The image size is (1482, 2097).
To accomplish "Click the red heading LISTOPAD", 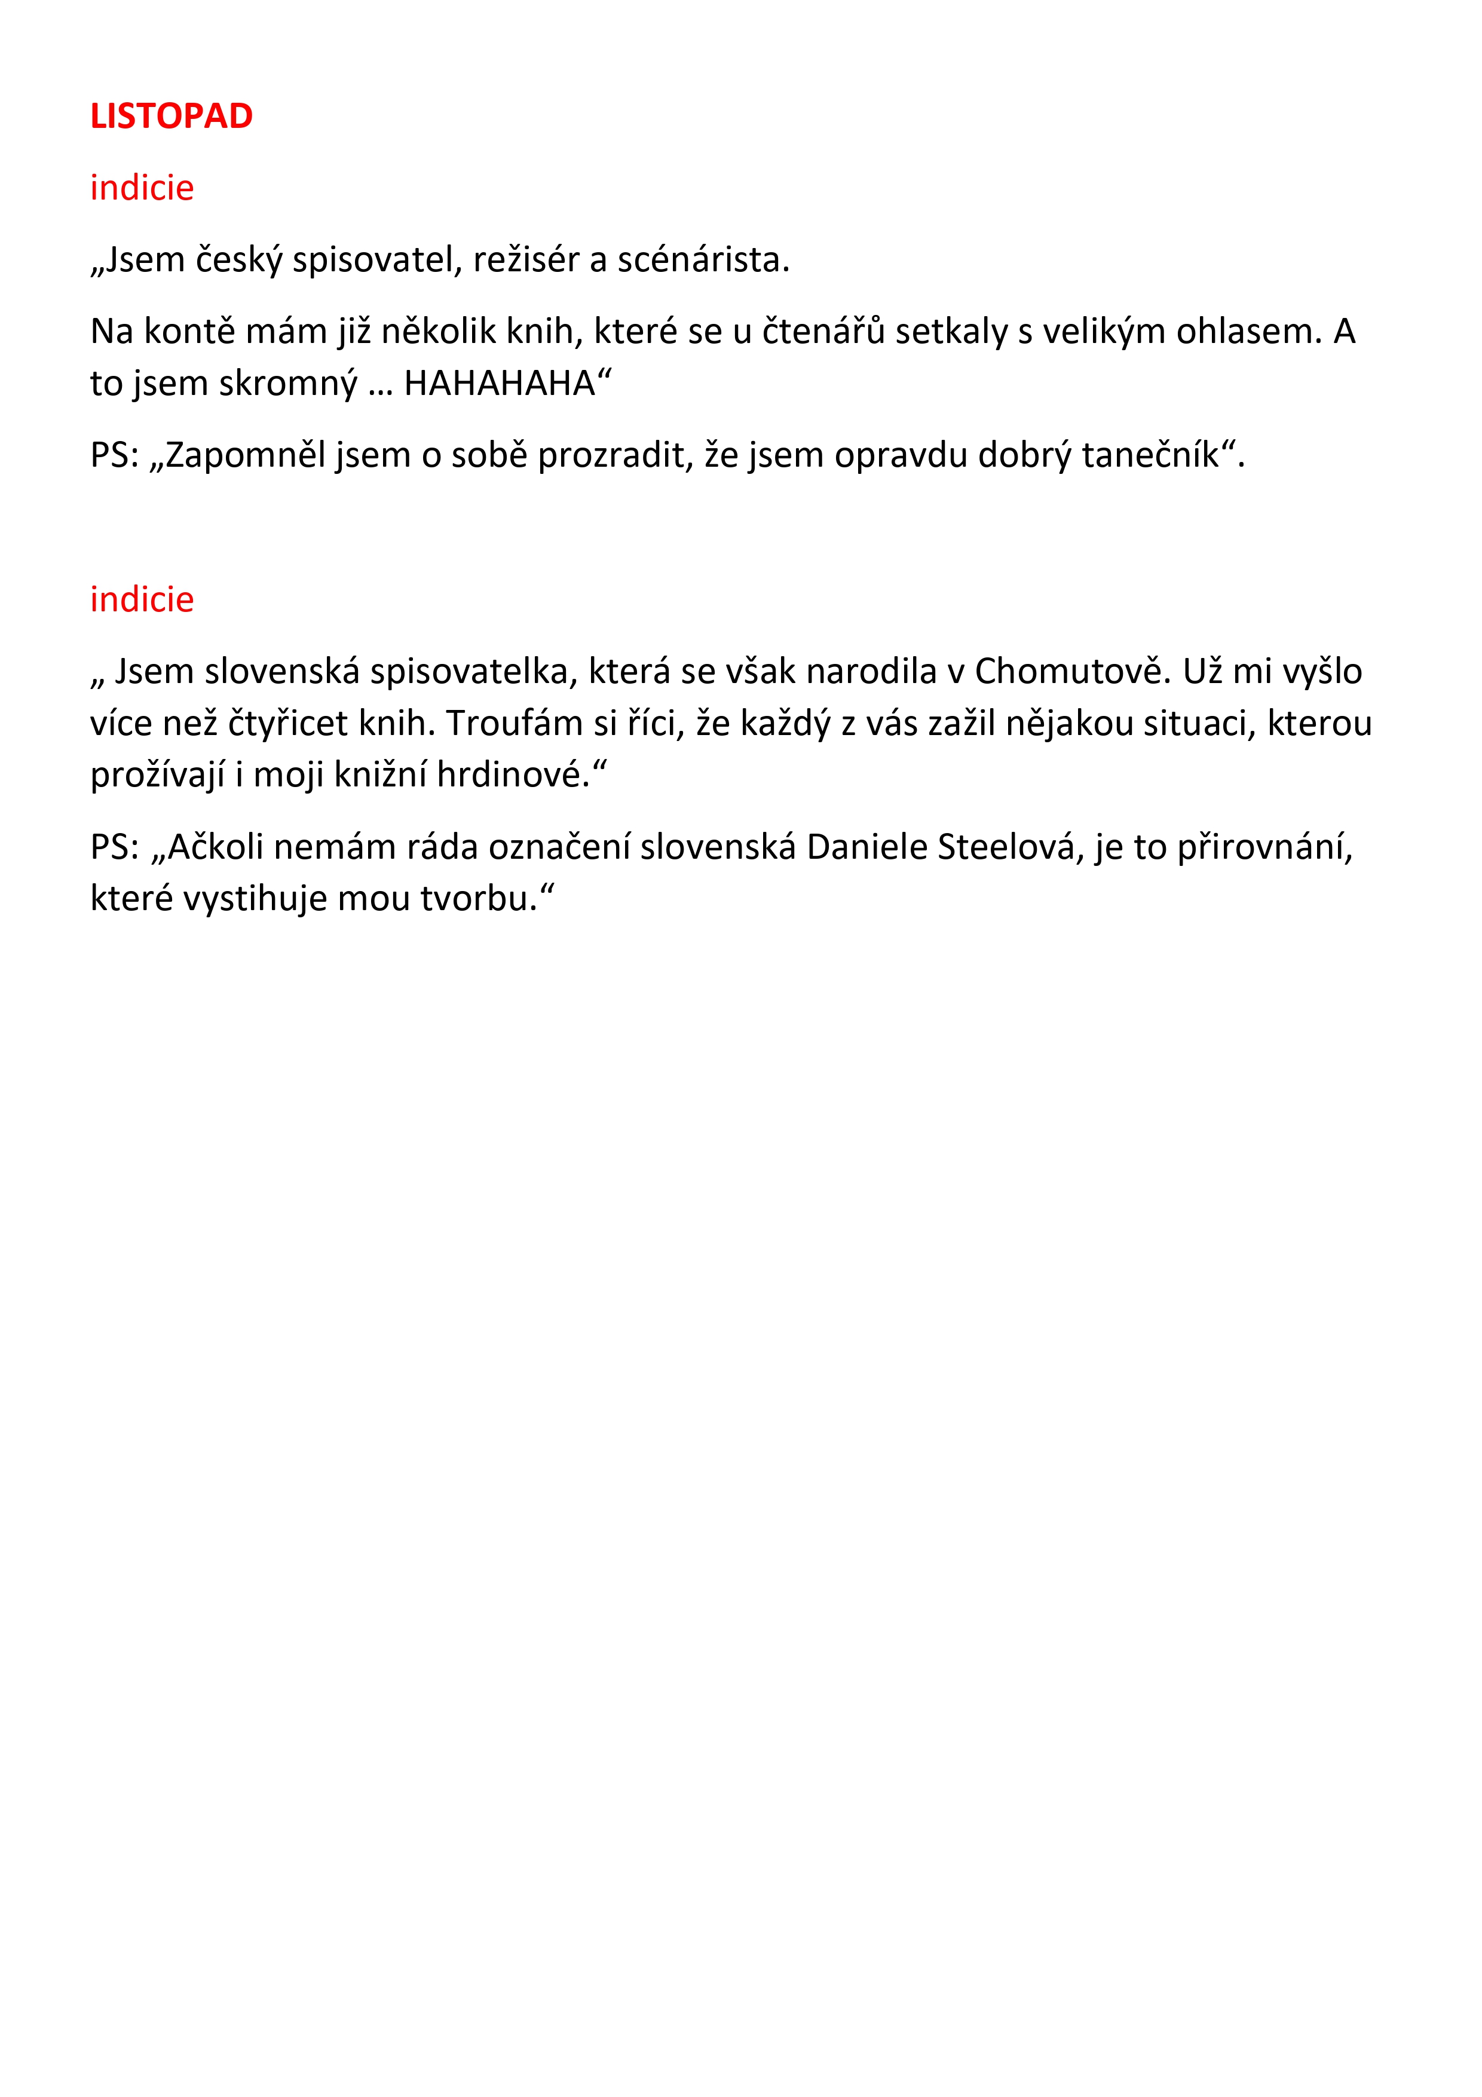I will tap(171, 116).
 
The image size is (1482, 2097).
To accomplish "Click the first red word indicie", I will tap(142, 188).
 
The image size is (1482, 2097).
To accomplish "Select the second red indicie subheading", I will tap(142, 600).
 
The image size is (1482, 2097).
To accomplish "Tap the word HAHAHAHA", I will tap(500, 384).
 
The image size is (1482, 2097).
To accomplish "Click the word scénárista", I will tap(703, 261).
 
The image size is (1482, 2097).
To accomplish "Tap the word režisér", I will tap(526, 261).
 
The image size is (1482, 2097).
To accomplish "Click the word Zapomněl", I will tap(246, 455).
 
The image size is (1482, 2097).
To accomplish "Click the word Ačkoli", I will tap(216, 847).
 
